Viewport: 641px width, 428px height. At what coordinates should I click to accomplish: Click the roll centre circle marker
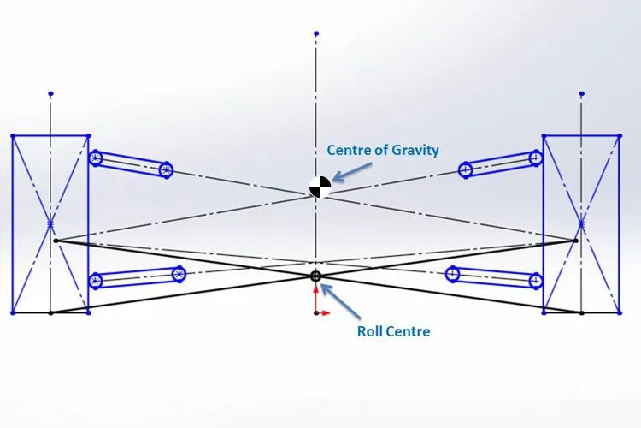coord(315,276)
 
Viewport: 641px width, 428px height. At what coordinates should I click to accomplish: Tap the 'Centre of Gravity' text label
coord(383,151)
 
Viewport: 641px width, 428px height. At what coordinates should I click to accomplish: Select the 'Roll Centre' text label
coord(394,330)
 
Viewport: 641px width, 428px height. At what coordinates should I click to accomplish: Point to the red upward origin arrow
coord(316,294)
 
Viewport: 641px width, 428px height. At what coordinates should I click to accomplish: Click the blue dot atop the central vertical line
coord(316,33)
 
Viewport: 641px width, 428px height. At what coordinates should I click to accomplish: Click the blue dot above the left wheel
coord(51,92)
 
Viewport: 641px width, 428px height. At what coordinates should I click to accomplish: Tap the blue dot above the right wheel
coord(581,92)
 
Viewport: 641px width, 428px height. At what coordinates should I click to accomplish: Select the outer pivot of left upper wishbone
coord(96,158)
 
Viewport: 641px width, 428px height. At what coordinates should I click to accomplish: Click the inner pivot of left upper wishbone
coord(166,169)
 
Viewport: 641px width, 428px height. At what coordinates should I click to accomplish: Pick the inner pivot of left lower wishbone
coord(179,274)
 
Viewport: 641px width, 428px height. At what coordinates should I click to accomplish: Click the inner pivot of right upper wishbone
coord(466,169)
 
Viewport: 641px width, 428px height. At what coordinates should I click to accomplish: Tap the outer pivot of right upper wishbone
coord(536,158)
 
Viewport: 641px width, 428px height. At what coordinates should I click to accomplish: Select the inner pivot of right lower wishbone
coord(453,274)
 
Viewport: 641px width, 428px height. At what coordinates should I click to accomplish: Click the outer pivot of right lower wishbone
coord(536,280)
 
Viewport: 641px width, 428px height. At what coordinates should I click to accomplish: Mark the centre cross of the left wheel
coord(51,224)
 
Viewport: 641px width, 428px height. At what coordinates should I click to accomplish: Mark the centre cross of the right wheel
coord(581,224)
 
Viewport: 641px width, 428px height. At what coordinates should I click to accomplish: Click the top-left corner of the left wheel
coord(13,135)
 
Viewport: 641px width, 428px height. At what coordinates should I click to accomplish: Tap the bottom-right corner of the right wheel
coord(619,312)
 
